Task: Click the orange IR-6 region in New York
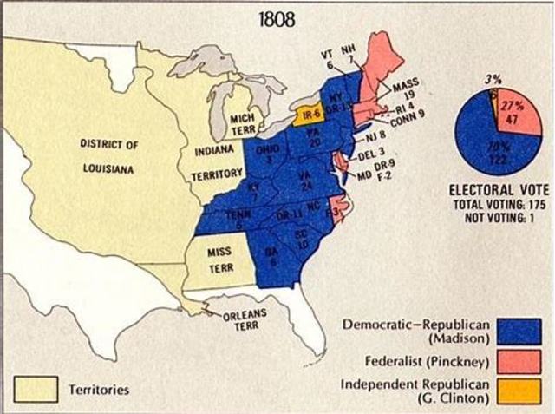[309, 115]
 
